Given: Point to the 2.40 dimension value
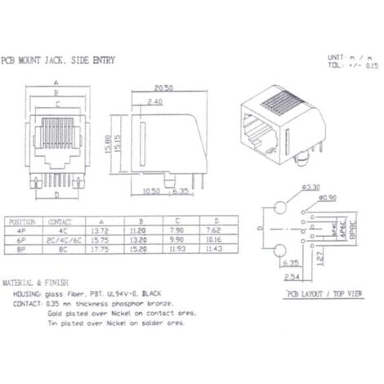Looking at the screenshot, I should [155, 101].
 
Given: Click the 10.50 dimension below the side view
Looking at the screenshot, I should [150, 191].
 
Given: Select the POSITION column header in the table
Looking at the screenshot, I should [23, 221].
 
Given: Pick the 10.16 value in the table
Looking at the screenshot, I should [214, 241].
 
